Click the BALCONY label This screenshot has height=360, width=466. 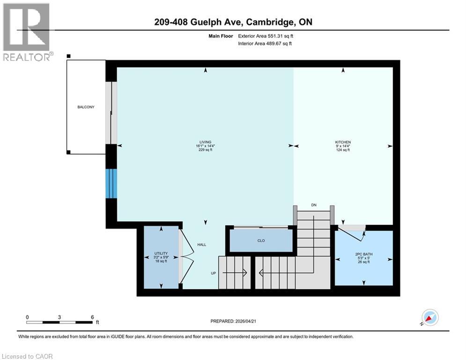coord(86,107)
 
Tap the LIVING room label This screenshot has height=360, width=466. coord(205,142)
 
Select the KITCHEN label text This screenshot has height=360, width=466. coord(343,142)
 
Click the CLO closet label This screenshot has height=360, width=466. coord(261,240)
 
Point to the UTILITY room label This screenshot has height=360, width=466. coord(161,253)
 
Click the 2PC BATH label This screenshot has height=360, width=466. coord(364,254)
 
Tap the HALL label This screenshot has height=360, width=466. coord(201,245)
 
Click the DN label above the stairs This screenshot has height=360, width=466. coord(313,205)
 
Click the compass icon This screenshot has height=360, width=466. coord(430,317)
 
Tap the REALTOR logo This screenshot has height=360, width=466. coord(26,32)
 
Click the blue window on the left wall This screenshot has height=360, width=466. coord(111,183)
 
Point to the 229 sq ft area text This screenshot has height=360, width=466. coord(205,150)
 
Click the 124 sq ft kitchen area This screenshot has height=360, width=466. coord(343,150)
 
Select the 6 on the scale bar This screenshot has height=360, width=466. coord(92,317)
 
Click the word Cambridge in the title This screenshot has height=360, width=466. coord(271,22)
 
